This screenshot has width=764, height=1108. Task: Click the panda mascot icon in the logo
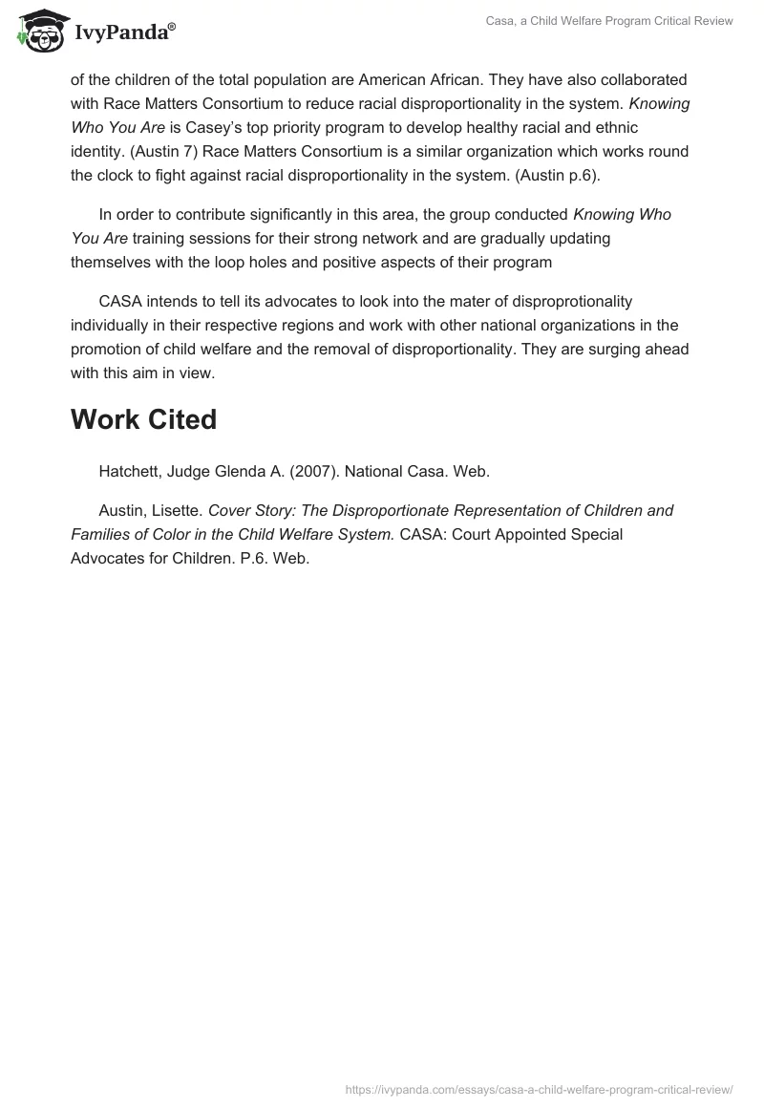pos(39,31)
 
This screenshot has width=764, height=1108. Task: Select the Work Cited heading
pos(143,419)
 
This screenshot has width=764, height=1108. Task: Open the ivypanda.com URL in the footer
pos(539,1088)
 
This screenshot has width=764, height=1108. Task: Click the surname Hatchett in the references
pos(129,470)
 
